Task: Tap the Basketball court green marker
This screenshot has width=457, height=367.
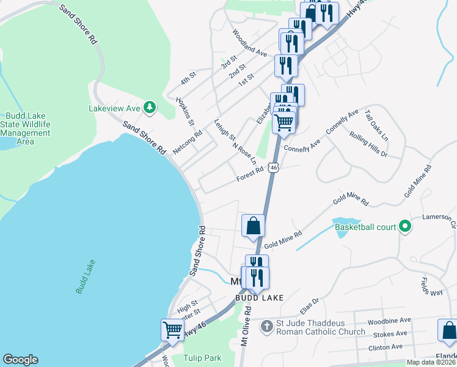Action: (x=404, y=227)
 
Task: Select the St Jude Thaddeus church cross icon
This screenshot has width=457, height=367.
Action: (x=266, y=327)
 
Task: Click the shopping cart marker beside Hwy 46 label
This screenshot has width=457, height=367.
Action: (x=172, y=330)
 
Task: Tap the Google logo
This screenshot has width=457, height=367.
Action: (x=20, y=360)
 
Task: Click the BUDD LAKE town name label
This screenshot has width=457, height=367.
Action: (x=260, y=298)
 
